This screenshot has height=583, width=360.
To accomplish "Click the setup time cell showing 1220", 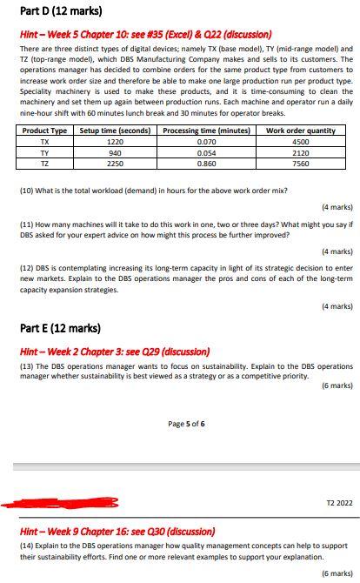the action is pyautogui.click(x=114, y=141).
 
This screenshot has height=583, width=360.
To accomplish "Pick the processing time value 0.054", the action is pyautogui.click(x=207, y=151).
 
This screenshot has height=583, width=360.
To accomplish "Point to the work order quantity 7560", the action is pyautogui.click(x=301, y=162).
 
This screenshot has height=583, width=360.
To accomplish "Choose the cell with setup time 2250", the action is pyautogui.click(x=114, y=162).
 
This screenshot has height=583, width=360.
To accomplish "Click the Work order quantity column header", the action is pyautogui.click(x=301, y=131).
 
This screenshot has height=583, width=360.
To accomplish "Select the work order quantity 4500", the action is pyautogui.click(x=301, y=141).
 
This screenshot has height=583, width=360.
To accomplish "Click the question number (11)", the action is pyautogui.click(x=27, y=224).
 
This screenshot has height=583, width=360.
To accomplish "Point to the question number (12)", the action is pyautogui.click(x=27, y=268).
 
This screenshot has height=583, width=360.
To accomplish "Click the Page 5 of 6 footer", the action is pyautogui.click(x=186, y=424).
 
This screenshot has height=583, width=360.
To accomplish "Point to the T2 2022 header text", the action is pyautogui.click(x=338, y=503).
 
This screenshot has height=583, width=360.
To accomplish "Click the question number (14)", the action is pyautogui.click(x=27, y=545).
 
